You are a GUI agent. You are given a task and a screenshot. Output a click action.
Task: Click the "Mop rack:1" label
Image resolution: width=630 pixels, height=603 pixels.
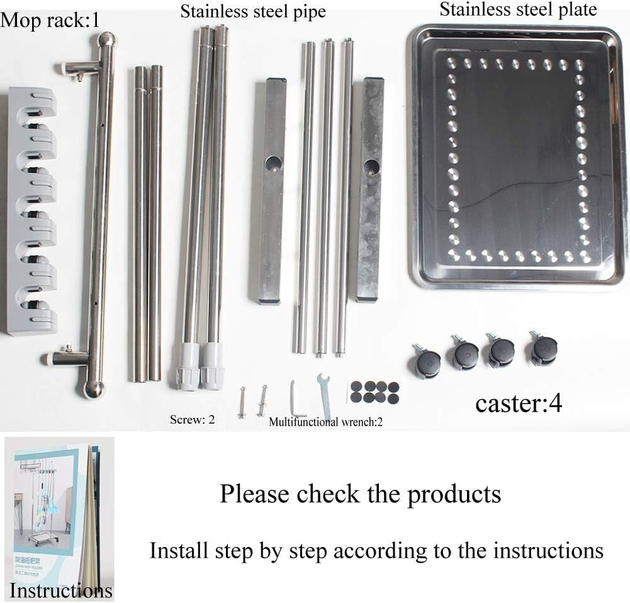(50, 20)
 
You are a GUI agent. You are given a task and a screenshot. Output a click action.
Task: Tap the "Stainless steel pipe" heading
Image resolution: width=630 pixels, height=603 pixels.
(253, 11)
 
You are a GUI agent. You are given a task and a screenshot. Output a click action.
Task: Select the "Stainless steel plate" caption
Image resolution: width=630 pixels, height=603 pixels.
(518, 9)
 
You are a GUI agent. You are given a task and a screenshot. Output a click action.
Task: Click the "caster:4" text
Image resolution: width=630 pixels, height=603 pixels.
(518, 403)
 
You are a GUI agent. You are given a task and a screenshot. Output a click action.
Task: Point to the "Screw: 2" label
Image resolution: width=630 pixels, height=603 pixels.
(192, 419)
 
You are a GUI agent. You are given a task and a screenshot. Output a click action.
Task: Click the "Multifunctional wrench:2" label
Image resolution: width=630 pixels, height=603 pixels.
(325, 422)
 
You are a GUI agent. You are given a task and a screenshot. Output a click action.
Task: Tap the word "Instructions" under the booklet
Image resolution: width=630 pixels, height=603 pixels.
(61, 590)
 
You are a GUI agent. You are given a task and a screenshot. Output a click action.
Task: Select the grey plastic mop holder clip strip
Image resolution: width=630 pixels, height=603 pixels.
(32, 211)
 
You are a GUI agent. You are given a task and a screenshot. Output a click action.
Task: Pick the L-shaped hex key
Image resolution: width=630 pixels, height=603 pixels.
(297, 397)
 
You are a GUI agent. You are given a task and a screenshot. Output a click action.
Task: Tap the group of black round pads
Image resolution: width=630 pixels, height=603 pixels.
(375, 392)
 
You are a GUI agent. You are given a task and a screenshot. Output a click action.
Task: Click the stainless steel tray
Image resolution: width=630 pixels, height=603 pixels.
(518, 154)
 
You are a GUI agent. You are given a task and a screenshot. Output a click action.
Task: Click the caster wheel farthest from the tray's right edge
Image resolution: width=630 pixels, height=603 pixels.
(426, 362)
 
